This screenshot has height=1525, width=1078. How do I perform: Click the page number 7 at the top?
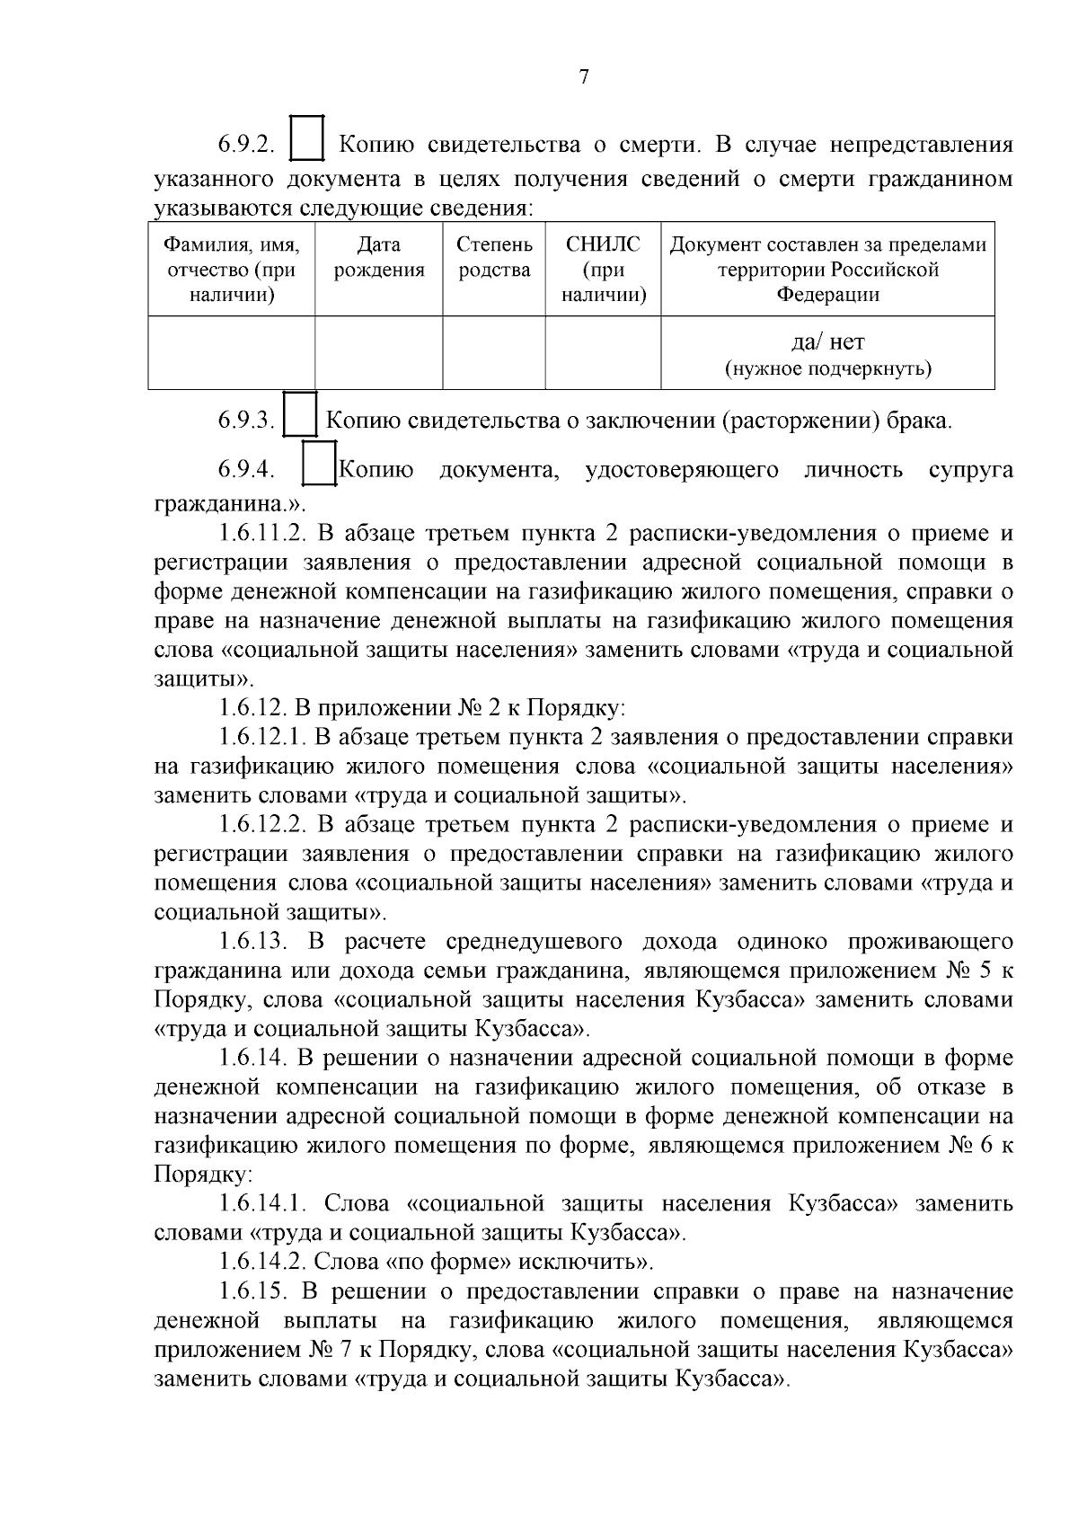coord(584,78)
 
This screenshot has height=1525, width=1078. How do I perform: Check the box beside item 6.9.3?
coord(300,415)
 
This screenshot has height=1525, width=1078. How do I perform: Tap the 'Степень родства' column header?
coord(494,257)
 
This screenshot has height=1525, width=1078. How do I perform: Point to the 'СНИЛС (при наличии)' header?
coord(604,269)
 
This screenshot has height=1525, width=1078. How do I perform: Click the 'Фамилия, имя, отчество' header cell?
coord(232,269)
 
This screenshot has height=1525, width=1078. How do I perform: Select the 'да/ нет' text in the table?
coord(827,341)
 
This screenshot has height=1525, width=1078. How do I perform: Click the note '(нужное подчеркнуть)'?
coord(827,368)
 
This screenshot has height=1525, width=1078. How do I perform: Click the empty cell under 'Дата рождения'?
coord(378,352)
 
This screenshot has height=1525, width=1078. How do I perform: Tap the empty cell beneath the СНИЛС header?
coord(604,352)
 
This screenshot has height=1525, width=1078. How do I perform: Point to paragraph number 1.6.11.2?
coord(262,534)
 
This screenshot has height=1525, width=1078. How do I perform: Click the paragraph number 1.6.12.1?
coord(262,738)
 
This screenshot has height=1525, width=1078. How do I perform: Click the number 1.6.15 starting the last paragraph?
coord(252,1292)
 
